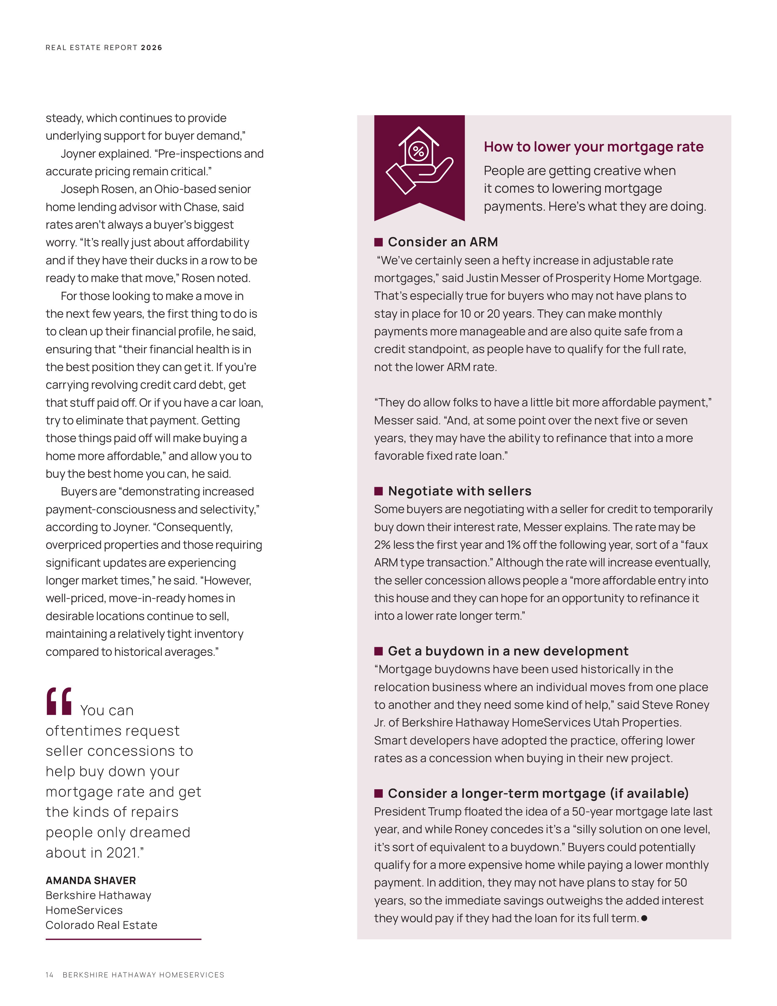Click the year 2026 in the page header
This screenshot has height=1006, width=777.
[151, 48]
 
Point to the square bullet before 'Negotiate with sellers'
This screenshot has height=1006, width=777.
[378, 491]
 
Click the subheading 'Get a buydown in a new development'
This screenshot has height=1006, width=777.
[508, 651]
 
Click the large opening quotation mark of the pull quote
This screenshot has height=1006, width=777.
[59, 701]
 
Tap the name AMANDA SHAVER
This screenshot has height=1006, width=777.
[91, 880]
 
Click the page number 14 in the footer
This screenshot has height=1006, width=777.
[49, 975]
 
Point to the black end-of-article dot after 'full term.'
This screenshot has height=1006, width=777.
[644, 918]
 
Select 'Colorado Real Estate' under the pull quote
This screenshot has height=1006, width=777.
[101, 925]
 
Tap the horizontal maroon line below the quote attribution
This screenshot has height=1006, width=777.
[123, 939]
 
